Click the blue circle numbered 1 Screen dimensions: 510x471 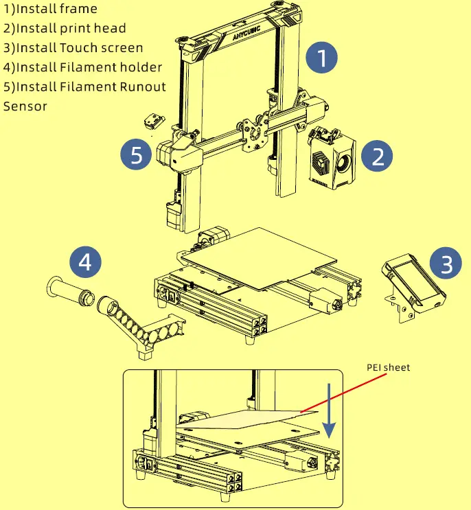click(321, 58)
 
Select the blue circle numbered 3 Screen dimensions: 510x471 click(446, 264)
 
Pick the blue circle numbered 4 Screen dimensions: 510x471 click(85, 261)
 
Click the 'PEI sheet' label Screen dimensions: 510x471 click(387, 368)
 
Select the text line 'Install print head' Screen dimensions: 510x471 click(65, 28)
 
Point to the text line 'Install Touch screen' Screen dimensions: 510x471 click(73, 47)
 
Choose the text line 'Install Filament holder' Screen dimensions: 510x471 click(82, 67)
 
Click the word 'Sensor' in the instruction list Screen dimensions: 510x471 click(25, 106)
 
